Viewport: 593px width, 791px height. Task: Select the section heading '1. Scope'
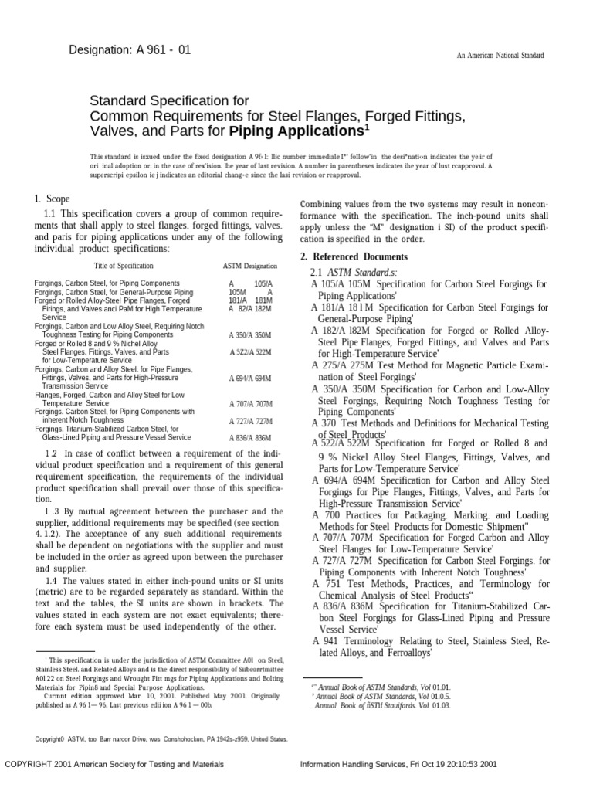(x=53, y=199)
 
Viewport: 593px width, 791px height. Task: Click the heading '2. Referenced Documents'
(x=354, y=256)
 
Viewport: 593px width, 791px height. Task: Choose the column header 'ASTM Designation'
(x=247, y=266)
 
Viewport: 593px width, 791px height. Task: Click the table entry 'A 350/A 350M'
(x=250, y=336)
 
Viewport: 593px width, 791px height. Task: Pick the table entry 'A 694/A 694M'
(x=250, y=379)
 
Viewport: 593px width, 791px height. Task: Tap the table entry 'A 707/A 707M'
(x=250, y=404)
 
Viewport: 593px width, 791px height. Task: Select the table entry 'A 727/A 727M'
(x=250, y=421)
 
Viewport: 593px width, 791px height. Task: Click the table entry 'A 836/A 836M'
(x=250, y=438)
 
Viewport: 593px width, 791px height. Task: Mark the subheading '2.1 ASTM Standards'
(x=353, y=273)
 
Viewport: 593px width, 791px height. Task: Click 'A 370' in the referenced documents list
(x=325, y=423)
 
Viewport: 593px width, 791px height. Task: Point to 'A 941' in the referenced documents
(x=325, y=640)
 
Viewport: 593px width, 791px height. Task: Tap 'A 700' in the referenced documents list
(x=325, y=514)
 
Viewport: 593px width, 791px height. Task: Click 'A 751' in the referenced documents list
(x=325, y=584)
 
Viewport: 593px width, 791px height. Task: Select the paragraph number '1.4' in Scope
(x=53, y=581)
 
